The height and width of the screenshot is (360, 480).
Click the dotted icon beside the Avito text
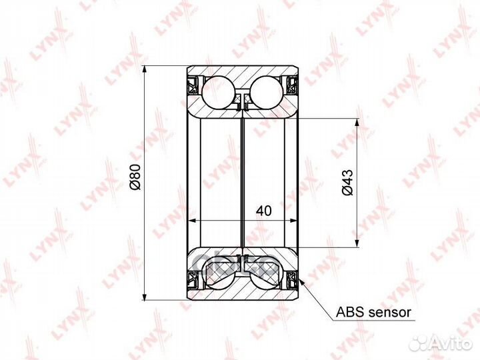(417, 343)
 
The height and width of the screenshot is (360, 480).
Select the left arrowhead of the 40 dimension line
(194, 219)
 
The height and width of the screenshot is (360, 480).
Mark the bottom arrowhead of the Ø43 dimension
(359, 243)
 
